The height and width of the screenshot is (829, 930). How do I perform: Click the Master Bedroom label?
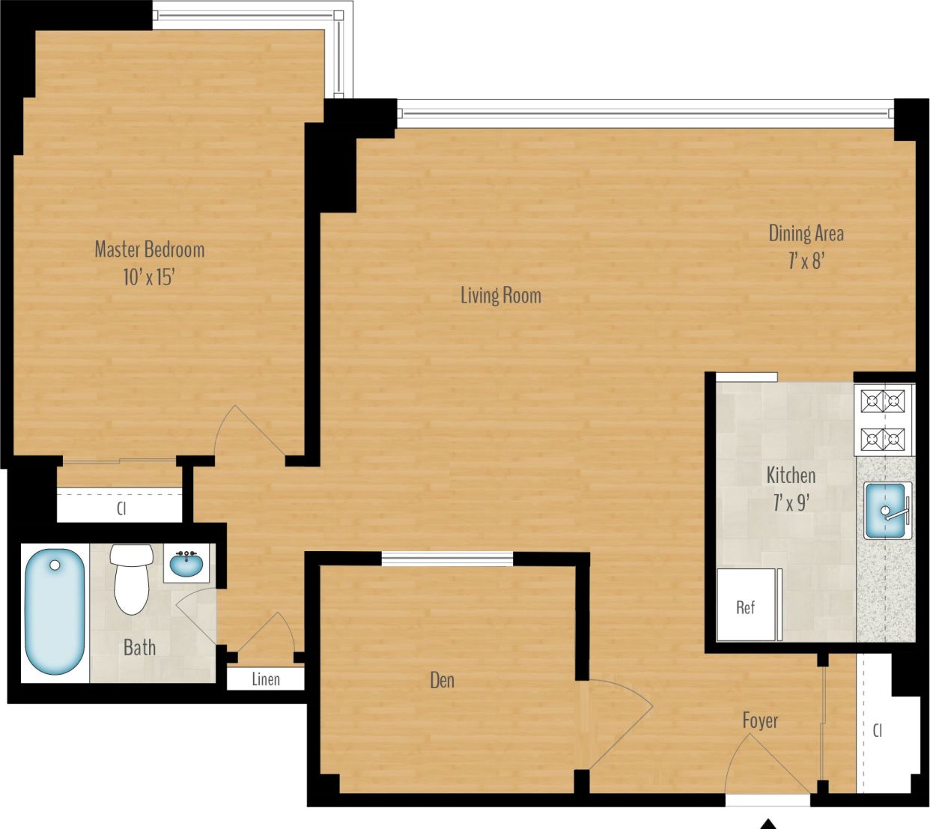(149, 249)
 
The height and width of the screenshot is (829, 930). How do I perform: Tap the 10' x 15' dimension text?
(148, 277)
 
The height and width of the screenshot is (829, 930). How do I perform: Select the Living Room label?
(500, 295)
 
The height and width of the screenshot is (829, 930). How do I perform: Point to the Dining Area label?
(806, 234)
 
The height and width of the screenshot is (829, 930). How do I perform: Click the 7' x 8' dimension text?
(806, 261)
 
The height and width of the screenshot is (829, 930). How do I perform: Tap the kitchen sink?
(886, 511)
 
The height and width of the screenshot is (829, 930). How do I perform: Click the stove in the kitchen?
(883, 420)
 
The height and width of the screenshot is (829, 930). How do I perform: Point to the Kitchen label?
(791, 475)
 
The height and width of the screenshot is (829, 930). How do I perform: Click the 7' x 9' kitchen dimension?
(791, 502)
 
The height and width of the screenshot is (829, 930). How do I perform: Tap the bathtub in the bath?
(55, 612)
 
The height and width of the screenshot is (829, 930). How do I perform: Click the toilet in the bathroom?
(131, 577)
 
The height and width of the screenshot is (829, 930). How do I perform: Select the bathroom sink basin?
(186, 564)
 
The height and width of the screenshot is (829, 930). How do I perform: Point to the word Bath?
(139, 647)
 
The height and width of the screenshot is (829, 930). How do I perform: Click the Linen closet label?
(266, 679)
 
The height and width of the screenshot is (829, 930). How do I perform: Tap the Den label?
(442, 680)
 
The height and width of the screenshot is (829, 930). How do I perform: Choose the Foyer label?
(759, 720)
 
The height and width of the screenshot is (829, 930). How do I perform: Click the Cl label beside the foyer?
(878, 729)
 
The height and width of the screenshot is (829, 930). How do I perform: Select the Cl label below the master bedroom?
(121, 508)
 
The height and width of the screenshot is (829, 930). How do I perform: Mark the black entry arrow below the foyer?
(768, 824)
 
